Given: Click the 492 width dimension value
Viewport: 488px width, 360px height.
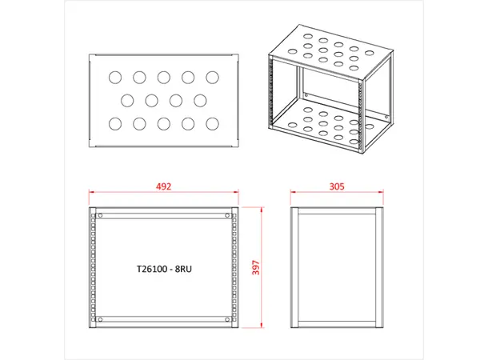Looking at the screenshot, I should [x=164, y=186].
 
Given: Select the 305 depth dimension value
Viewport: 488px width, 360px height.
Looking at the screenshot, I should [x=336, y=186].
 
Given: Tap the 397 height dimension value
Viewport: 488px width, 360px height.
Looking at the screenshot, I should [x=257, y=268].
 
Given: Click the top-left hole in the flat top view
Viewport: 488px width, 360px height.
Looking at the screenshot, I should [x=114, y=78].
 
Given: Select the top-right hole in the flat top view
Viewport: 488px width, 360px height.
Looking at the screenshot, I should [x=212, y=78].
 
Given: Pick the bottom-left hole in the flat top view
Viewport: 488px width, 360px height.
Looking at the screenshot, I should [x=114, y=124].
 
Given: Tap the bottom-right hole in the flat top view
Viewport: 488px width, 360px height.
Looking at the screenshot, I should [x=212, y=124].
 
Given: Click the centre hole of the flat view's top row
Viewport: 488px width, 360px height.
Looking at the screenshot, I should [x=163, y=78].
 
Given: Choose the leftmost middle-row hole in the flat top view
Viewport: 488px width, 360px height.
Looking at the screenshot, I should [x=127, y=101].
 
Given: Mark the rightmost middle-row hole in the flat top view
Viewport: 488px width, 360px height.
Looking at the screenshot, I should [x=200, y=101].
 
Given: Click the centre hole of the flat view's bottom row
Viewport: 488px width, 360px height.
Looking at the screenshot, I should [x=163, y=124].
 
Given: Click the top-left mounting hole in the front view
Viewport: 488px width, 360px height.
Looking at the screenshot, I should [x=102, y=216].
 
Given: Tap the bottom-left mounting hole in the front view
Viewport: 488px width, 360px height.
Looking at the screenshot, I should [x=102, y=320].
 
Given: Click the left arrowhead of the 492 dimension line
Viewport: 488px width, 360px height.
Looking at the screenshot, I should [x=91, y=192].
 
